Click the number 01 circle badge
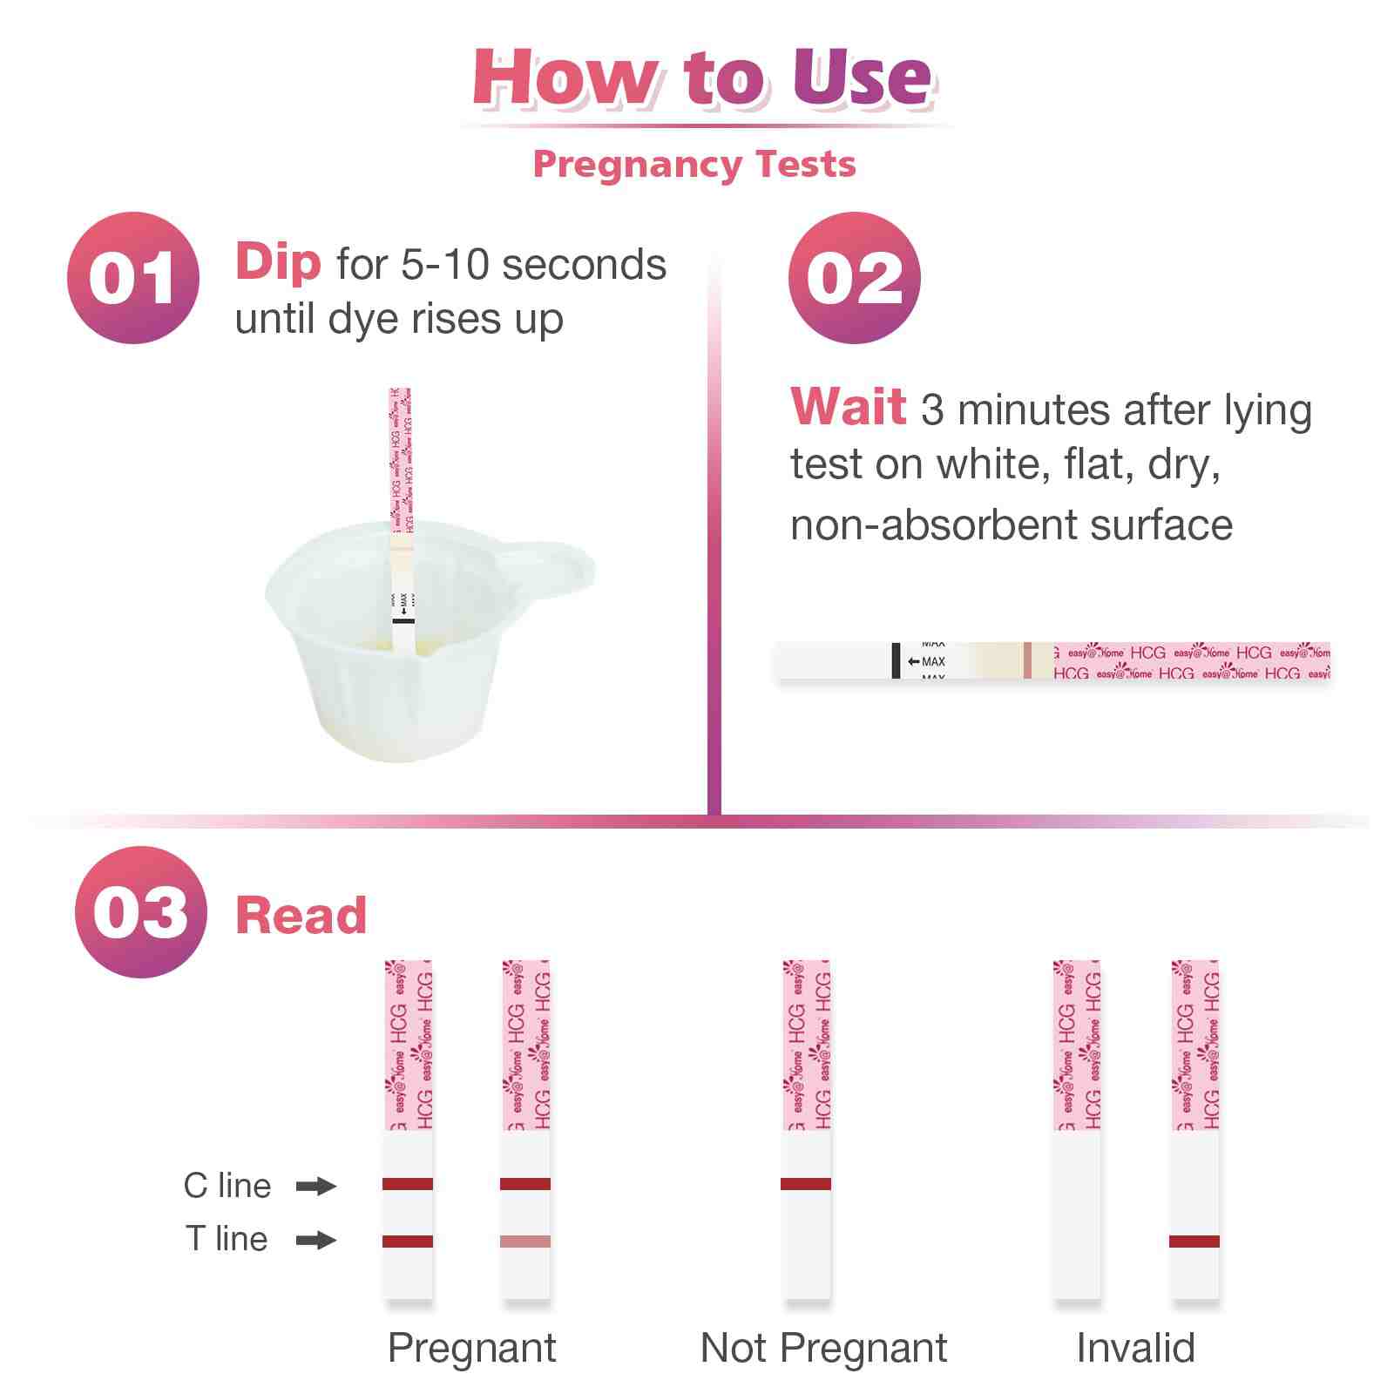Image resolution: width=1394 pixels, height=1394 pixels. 132,278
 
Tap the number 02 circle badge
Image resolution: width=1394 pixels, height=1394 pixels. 854,278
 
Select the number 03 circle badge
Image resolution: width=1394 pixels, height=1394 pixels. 140,912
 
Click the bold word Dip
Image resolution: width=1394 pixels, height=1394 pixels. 278,262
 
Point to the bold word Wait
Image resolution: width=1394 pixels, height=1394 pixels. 848,407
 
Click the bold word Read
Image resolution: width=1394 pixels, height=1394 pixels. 301,916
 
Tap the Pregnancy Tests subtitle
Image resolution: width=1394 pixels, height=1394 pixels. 694,164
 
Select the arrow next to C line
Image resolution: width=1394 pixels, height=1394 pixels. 315,1186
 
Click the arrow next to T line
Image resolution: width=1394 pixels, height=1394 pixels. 315,1240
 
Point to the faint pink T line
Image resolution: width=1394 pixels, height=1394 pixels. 525,1242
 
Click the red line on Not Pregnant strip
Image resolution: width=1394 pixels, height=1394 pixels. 806,1184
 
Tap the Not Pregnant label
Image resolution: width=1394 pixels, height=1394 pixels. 823,1348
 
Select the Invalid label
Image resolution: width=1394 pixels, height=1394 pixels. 1135,1348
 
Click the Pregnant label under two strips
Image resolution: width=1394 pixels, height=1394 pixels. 471,1348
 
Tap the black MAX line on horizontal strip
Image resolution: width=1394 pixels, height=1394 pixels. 896,660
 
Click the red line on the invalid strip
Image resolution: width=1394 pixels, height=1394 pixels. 1194,1242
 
